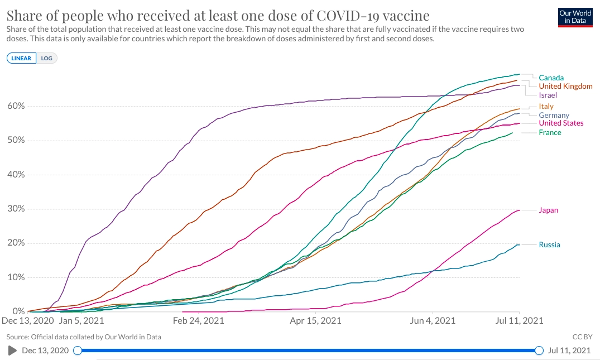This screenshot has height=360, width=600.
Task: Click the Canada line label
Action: click(551, 78)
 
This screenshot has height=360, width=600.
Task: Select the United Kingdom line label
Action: click(565, 87)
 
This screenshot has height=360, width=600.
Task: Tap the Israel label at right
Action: click(548, 95)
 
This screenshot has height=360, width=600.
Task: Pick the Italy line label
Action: click(546, 107)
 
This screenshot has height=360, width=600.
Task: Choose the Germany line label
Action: click(554, 116)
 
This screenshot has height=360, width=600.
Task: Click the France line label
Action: click(550, 133)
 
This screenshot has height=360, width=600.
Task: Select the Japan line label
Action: click(548, 210)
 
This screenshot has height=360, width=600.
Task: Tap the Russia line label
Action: click(549, 245)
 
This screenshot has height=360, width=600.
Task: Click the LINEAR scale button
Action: click(22, 58)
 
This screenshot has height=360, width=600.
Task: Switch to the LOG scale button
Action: click(46, 58)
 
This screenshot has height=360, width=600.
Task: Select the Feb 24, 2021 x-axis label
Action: click(198, 321)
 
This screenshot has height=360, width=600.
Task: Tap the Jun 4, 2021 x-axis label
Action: click(433, 321)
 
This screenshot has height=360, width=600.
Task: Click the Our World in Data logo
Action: click(575, 17)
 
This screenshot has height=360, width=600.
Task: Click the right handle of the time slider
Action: click(539, 351)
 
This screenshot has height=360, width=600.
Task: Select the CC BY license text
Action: click(581, 337)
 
